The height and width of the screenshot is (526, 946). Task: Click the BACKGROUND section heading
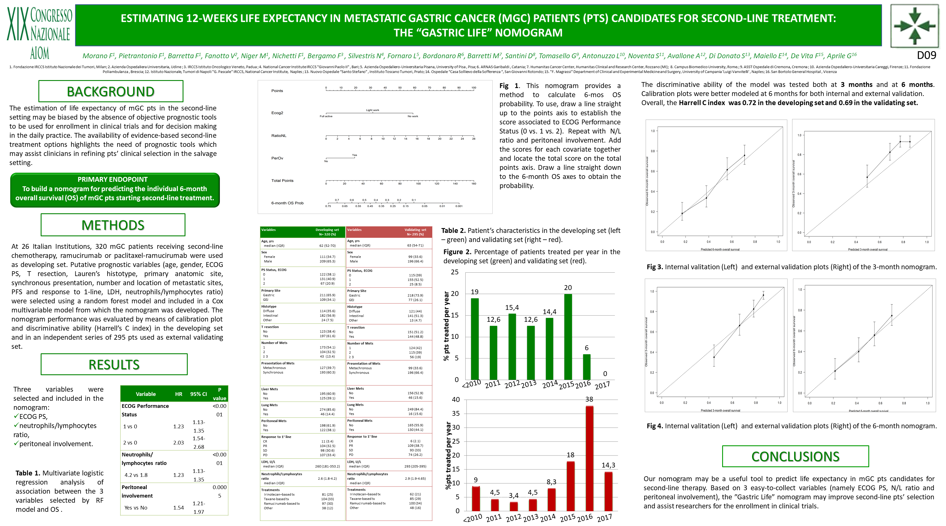(111, 91)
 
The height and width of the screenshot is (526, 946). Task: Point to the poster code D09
(926, 55)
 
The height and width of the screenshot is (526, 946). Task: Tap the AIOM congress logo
(39, 32)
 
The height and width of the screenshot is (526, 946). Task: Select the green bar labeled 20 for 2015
(568, 337)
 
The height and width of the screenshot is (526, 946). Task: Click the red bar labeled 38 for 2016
(589, 458)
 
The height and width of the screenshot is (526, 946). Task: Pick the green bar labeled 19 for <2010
(474, 339)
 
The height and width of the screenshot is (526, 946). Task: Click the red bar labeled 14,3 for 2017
(608, 491)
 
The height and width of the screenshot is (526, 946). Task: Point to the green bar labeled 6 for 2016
(586, 367)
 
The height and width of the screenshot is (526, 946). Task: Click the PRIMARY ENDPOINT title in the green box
(112, 179)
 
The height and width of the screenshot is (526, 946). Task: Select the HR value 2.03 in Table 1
(178, 443)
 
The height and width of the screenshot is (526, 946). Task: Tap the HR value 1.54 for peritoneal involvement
(178, 508)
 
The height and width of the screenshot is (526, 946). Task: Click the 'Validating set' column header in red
(415, 232)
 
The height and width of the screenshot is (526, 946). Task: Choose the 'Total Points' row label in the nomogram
(282, 180)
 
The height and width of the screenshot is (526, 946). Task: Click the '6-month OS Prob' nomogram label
(287, 203)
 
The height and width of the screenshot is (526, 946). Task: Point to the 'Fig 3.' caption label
(654, 267)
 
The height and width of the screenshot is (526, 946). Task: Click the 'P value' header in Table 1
(219, 394)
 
